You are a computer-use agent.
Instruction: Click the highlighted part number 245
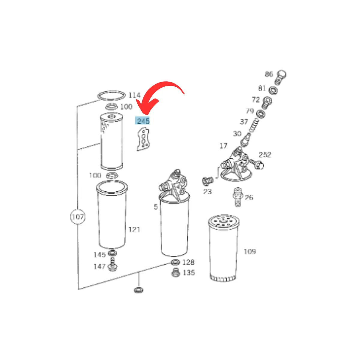point(142,121)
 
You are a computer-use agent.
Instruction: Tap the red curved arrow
point(161,88)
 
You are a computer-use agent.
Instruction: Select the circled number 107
point(78,217)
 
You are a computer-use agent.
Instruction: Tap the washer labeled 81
point(273,90)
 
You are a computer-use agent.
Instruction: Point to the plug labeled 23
point(207,181)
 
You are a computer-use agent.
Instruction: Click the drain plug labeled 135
point(175,273)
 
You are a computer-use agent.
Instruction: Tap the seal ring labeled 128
point(175,262)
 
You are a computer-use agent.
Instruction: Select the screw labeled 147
point(112,265)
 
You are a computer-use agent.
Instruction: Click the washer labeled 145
point(113,253)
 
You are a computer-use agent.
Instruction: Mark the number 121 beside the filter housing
point(134,229)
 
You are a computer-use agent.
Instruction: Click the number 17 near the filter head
point(223,145)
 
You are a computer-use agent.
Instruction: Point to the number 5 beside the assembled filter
point(156,207)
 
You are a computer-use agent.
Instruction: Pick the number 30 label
point(237,134)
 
